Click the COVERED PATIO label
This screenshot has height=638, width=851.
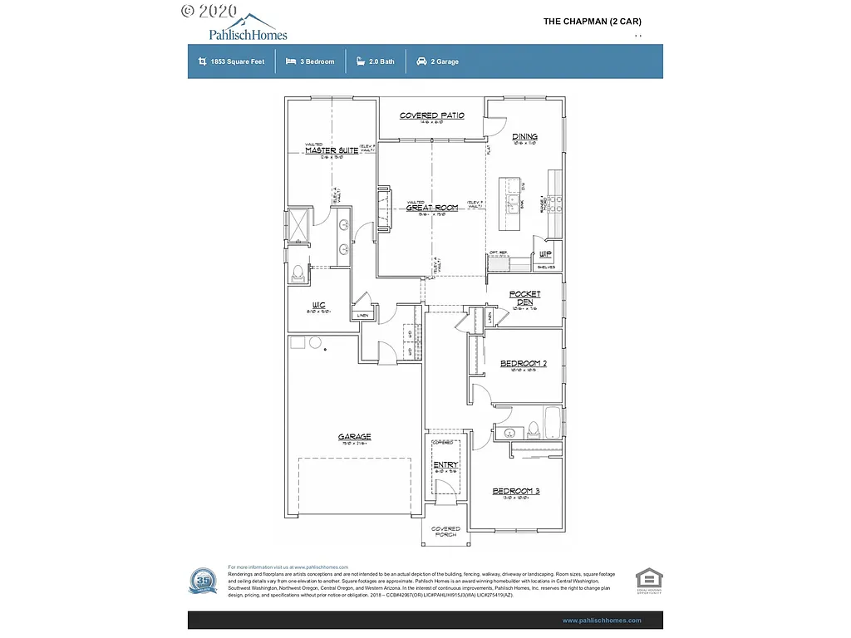point(431,116)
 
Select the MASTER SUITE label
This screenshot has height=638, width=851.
point(331,150)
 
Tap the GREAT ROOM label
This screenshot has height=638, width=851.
point(431,208)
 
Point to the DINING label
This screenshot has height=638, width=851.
point(524,137)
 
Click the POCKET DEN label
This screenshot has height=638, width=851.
point(524,298)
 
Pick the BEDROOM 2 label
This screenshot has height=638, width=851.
point(523,364)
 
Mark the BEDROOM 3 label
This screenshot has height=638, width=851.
point(516,492)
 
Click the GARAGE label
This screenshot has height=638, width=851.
point(354,437)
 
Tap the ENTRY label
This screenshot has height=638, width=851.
point(445,465)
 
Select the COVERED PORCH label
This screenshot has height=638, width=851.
point(445,532)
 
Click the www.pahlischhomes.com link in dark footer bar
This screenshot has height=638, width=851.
point(602,621)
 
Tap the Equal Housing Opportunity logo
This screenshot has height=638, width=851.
point(648,581)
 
